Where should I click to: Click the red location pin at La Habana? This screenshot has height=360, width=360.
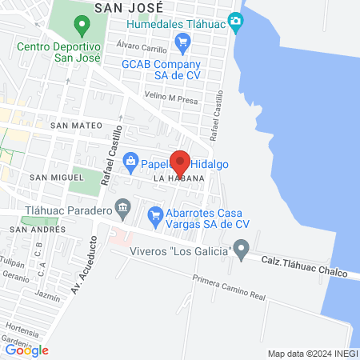coord(180,162)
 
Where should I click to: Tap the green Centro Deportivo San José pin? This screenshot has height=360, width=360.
coord(82,26)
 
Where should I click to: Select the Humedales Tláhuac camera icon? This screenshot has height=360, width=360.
coord(235,22)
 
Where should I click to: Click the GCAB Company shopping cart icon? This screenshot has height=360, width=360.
coord(182,42)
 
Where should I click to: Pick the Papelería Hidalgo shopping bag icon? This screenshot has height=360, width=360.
coord(131,163)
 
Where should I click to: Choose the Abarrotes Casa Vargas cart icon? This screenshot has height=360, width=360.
coord(156,214)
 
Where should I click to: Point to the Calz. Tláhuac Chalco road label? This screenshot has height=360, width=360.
coord(306,267)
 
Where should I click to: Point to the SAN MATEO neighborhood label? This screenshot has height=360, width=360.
coord(76,126)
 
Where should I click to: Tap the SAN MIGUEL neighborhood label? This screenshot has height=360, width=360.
coord(56,176)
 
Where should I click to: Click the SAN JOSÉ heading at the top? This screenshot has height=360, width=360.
coord(129,6)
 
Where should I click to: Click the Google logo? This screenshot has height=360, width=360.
coord(26,350)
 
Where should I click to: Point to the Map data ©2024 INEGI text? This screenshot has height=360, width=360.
coord(312,354)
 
